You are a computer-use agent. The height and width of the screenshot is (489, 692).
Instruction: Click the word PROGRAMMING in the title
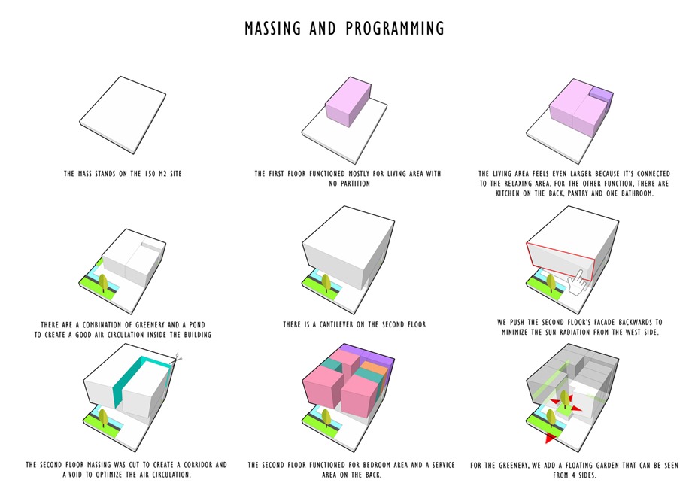pyautogui.click(x=395, y=29)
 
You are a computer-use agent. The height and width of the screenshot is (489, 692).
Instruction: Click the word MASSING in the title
pyautogui.click(x=273, y=29)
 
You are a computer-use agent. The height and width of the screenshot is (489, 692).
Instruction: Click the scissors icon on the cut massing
pyautogui.click(x=178, y=357)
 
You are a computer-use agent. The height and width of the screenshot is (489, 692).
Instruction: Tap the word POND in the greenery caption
pyautogui.click(x=196, y=324)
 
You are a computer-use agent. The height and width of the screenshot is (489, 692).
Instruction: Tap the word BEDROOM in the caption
pyautogui.click(x=384, y=465)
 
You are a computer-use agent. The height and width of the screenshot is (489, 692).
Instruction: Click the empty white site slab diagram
pyautogui.click(x=123, y=115)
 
